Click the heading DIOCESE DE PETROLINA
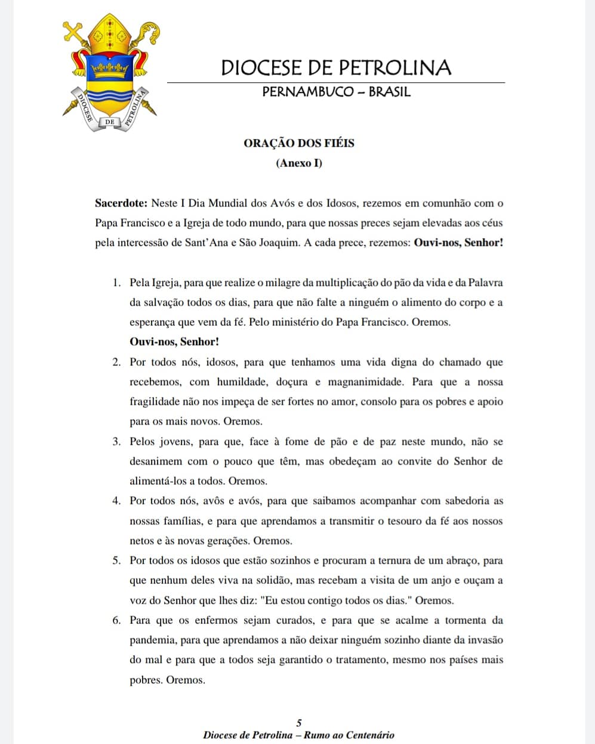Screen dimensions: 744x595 [336, 67]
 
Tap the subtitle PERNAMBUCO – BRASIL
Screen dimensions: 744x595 [336, 92]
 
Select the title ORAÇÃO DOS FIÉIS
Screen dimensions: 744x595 [299, 143]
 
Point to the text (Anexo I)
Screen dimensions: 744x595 [299, 163]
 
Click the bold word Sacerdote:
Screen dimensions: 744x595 [121, 203]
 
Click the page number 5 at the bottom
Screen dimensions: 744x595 [299, 723]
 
